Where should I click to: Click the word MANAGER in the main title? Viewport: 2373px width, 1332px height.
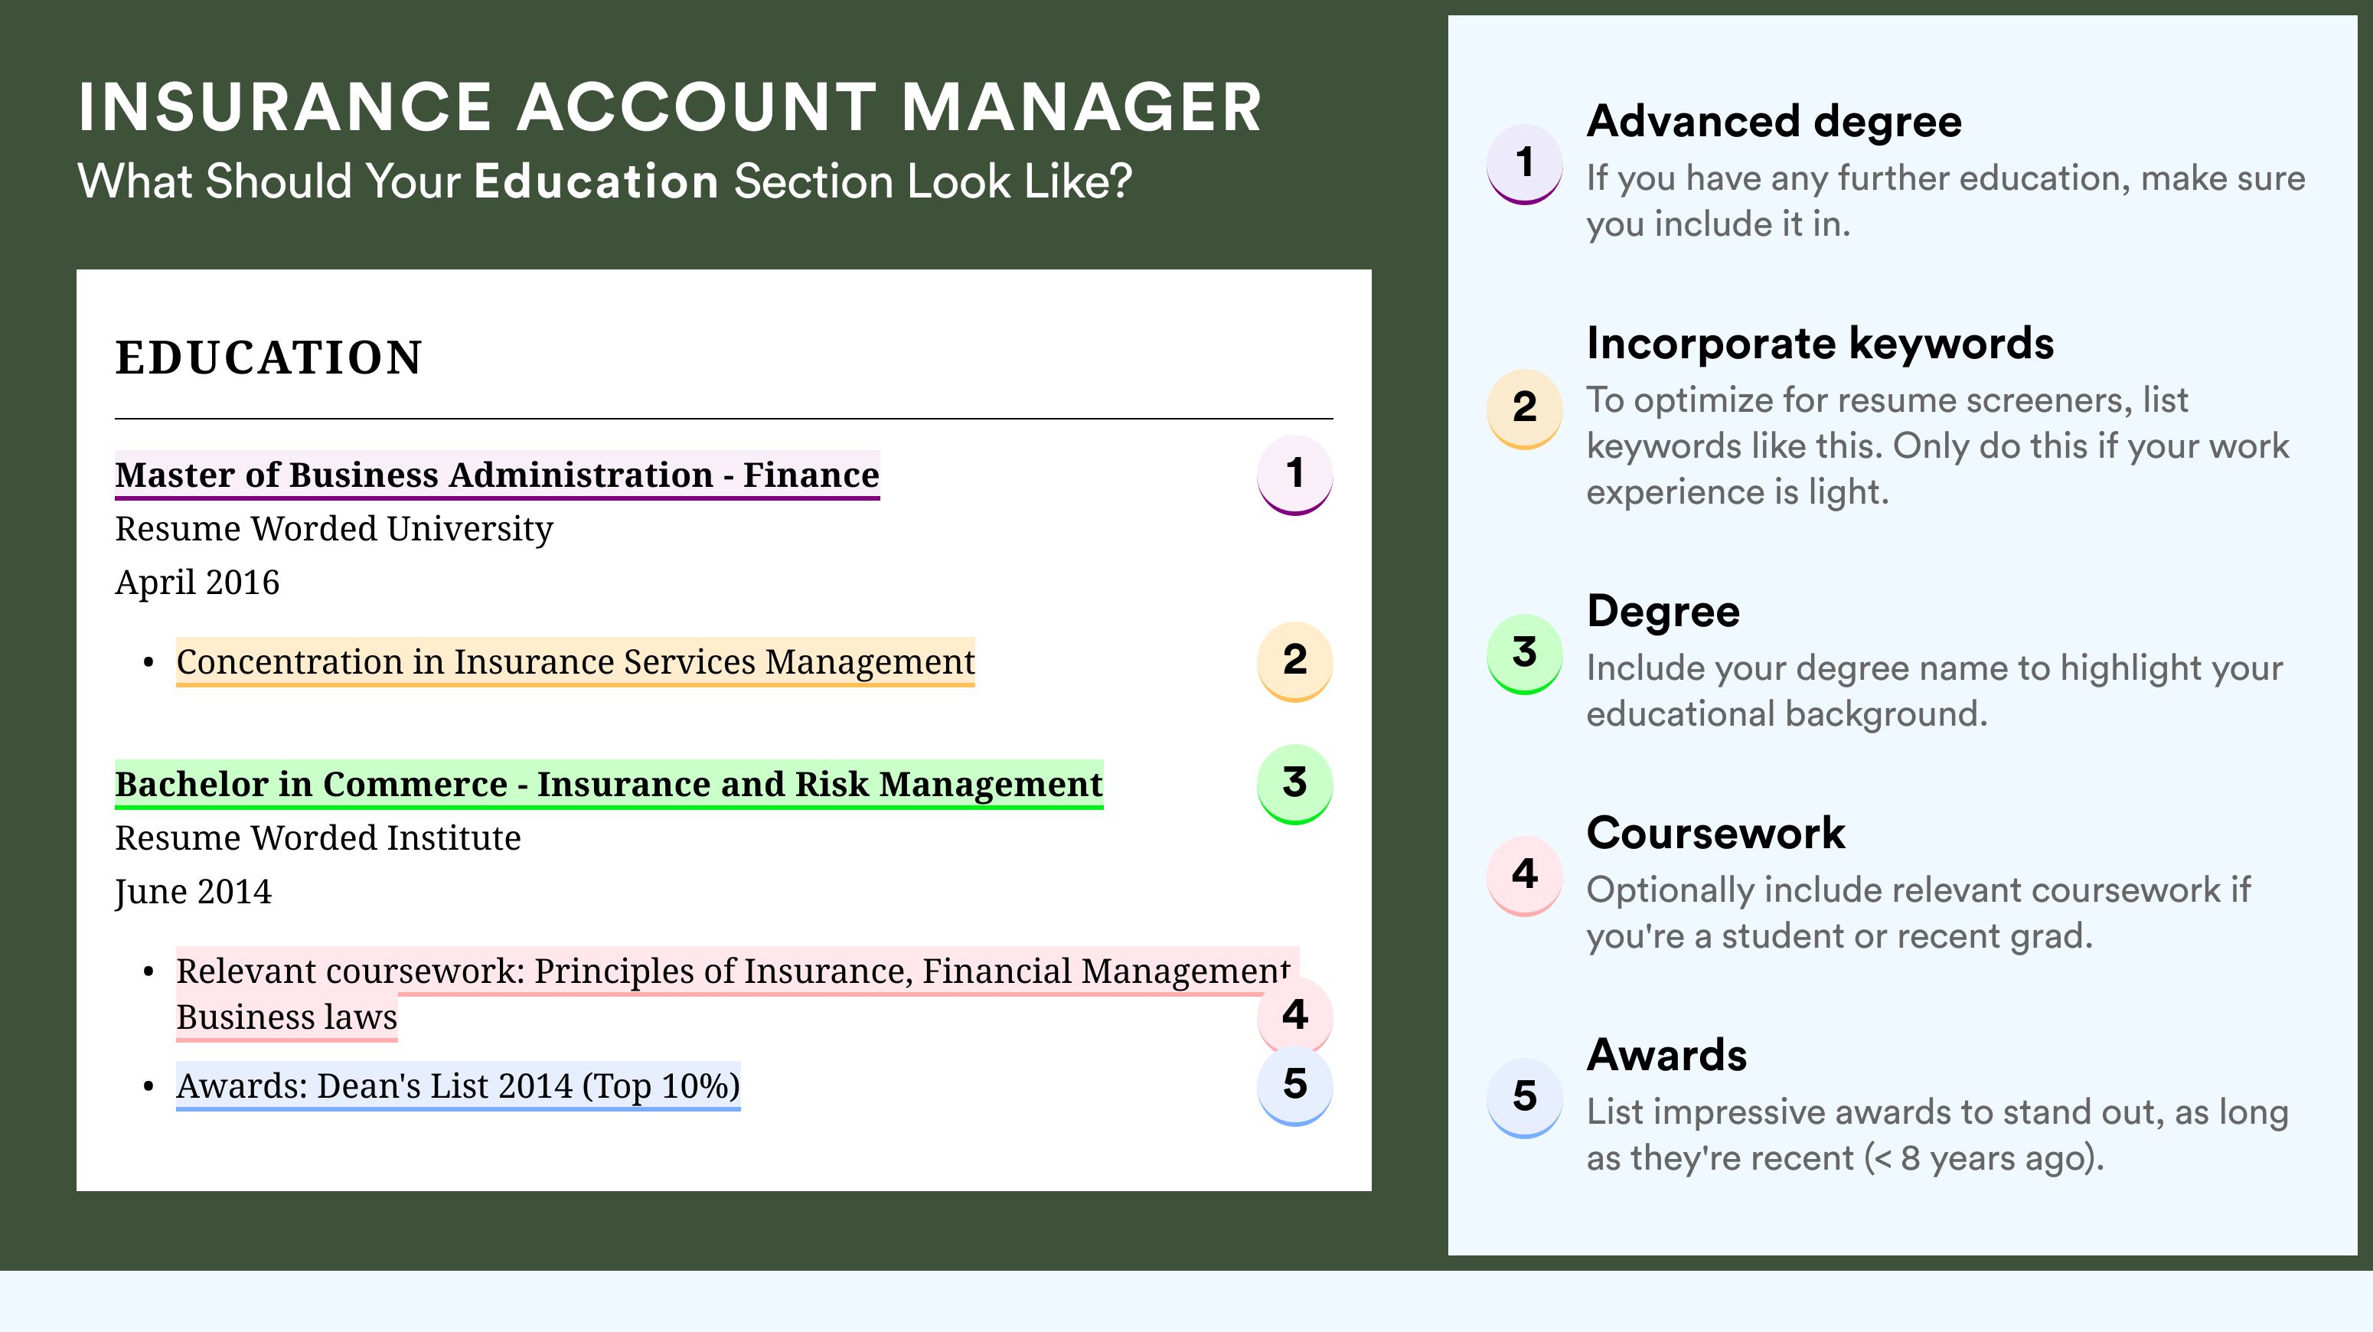click(x=1082, y=107)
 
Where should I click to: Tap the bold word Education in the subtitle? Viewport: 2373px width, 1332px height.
click(x=596, y=181)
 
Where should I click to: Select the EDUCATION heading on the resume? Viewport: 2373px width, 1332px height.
click(x=268, y=357)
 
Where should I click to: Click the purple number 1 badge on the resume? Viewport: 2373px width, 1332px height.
click(x=1294, y=475)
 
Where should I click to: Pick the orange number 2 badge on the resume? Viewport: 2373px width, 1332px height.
click(x=1294, y=661)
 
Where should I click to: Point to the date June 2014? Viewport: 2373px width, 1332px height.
click(x=194, y=892)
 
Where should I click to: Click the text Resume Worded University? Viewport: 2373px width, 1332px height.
click(x=334, y=529)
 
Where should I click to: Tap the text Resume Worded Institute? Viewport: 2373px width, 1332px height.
click(x=318, y=838)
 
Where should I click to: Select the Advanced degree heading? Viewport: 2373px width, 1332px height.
click(x=1774, y=122)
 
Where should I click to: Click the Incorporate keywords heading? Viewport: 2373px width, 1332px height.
click(x=1820, y=344)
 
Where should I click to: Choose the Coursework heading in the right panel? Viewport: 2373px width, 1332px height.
click(x=1715, y=833)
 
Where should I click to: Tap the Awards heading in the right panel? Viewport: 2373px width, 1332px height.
click(x=1666, y=1055)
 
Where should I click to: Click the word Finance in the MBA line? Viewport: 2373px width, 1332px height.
click(x=811, y=475)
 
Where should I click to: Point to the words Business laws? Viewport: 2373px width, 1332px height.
click(x=286, y=1017)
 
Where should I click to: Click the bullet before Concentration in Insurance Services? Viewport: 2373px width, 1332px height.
click(x=149, y=663)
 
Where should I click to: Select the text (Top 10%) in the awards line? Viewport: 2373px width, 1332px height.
click(x=661, y=1086)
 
